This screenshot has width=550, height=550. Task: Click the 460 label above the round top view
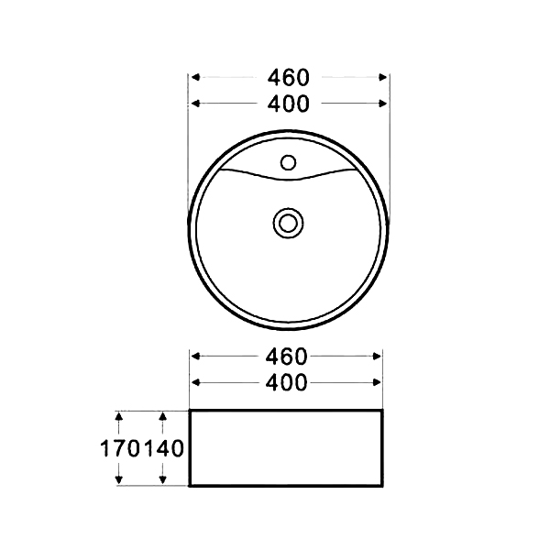pos(289,77)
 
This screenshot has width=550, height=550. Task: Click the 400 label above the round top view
pos(289,104)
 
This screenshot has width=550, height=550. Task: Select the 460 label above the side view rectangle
pos(286,357)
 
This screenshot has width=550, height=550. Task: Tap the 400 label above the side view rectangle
pos(286,382)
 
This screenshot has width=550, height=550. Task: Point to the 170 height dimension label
pos(120,448)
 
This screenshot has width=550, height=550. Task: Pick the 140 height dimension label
pos(164,448)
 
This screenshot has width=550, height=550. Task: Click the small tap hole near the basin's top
pos(288,162)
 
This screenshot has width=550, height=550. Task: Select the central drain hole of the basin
pos(288,224)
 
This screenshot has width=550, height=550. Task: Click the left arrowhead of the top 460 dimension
pos(195,77)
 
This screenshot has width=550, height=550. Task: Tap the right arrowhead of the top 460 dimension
pos(382,77)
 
